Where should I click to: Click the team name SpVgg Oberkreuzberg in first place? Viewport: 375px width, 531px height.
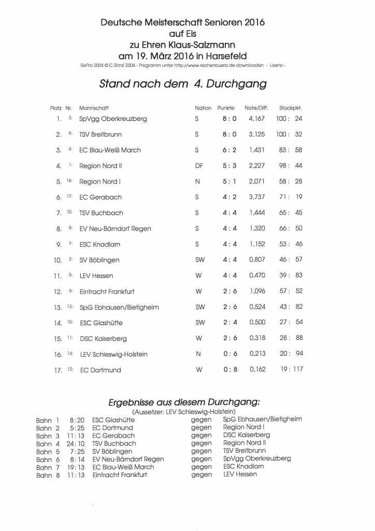(113, 119)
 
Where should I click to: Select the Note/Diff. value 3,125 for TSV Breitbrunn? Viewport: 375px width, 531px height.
(257, 134)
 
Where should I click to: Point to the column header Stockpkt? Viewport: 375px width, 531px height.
(290, 108)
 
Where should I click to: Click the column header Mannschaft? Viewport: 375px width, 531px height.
(94, 108)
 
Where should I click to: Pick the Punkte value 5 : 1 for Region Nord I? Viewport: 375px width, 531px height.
(229, 181)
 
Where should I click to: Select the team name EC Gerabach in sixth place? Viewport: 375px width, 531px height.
(100, 198)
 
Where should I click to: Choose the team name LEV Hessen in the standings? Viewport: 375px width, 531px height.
(96, 276)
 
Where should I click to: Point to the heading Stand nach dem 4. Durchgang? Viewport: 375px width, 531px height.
(183, 83)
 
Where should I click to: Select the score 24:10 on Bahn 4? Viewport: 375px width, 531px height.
(76, 443)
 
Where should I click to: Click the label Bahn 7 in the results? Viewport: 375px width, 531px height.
(48, 467)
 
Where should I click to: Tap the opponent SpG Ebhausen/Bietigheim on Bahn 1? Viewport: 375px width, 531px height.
(262, 420)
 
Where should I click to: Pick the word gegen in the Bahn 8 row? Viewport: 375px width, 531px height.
(201, 474)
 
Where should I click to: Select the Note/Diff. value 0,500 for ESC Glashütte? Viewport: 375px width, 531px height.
(257, 323)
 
